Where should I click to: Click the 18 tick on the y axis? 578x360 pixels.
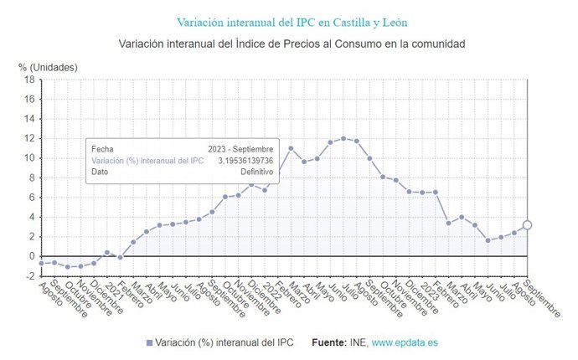click(x=29, y=80)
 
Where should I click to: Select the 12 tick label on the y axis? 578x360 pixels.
click(x=29, y=138)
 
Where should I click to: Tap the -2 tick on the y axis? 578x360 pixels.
click(x=29, y=276)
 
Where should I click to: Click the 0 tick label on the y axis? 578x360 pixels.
click(x=31, y=256)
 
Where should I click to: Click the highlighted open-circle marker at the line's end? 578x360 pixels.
click(x=527, y=224)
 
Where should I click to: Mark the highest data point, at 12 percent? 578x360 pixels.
click(x=343, y=138)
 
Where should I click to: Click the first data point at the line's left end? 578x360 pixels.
click(x=41, y=263)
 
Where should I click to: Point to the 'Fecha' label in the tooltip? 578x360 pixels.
click(x=102, y=148)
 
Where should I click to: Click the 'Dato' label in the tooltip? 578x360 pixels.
click(x=101, y=172)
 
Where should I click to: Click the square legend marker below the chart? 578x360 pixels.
click(x=150, y=343)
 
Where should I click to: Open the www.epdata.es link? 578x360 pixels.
click(x=405, y=343)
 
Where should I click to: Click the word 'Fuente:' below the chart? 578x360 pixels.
click(x=329, y=343)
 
